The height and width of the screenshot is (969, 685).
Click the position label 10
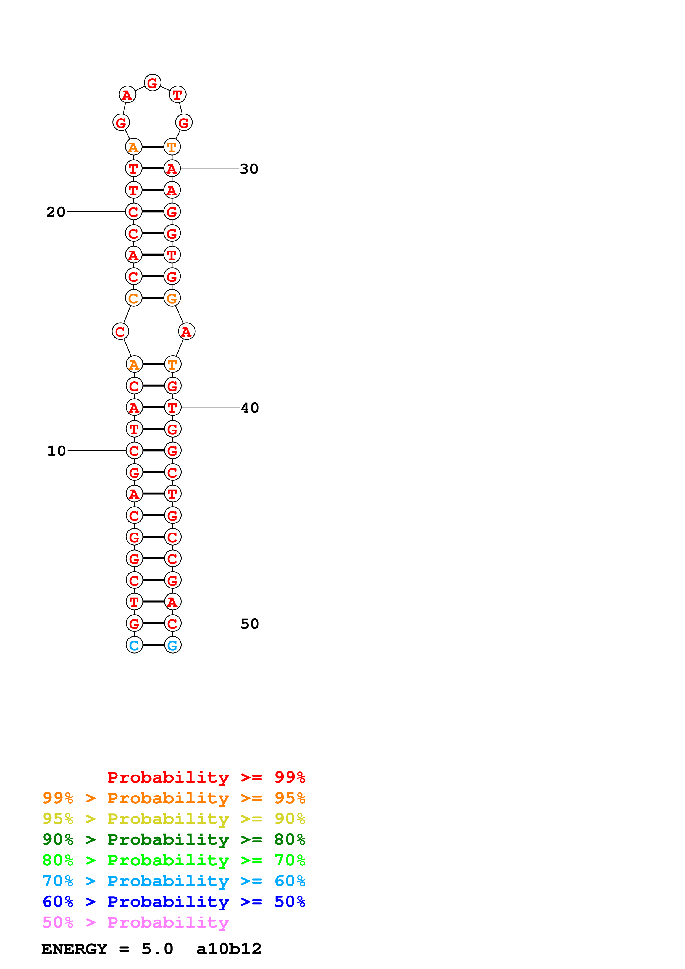coord(56,451)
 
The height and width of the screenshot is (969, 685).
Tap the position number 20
coord(56,212)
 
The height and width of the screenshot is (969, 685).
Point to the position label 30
coord(249,169)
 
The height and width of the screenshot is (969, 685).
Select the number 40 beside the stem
coord(250,408)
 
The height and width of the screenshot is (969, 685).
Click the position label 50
coord(250,624)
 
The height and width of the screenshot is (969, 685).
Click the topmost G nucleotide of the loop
coord(152,83)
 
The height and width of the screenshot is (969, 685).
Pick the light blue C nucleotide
coord(134,645)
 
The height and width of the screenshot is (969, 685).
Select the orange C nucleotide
coord(133,298)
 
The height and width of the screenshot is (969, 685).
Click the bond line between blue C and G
coord(153,645)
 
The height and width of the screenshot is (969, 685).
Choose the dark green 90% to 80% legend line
coord(174,839)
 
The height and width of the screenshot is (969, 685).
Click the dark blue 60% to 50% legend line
coord(174,902)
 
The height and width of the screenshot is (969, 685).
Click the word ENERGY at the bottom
coord(74,949)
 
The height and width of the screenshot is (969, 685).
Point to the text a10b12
coord(229,949)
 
